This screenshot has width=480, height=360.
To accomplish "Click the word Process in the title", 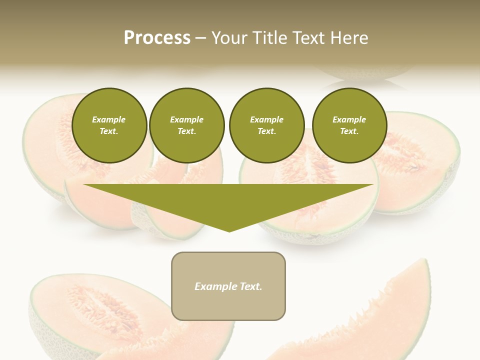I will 157,38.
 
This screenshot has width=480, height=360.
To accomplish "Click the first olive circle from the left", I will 109,125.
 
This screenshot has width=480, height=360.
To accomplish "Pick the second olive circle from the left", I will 186,125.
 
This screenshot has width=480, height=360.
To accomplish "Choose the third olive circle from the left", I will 266,125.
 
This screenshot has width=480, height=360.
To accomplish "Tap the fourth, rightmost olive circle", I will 349,125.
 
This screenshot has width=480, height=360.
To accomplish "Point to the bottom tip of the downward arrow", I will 229,231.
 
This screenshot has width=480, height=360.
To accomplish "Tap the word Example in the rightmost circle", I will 349,120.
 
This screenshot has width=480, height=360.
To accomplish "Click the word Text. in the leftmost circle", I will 109,131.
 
